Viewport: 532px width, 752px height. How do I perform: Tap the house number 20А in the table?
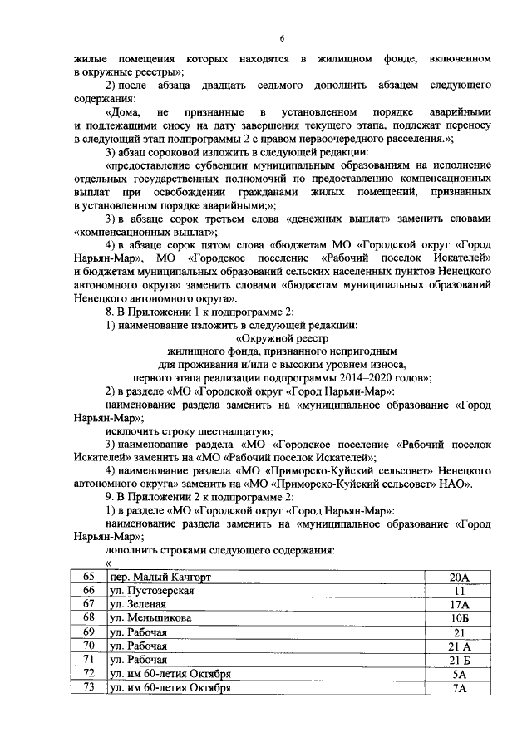[460, 577]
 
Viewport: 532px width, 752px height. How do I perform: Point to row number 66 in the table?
[89, 590]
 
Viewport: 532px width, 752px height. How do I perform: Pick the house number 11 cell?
[460, 590]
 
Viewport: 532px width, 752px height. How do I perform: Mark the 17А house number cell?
[460, 604]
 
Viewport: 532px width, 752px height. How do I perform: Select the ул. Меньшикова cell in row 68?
[150, 618]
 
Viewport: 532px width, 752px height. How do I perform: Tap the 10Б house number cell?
[460, 618]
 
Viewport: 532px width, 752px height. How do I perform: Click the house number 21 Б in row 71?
[460, 660]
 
